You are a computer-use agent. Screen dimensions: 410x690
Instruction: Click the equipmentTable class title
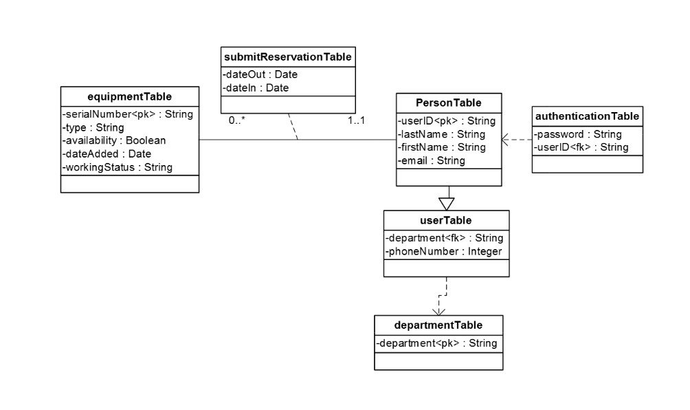130,96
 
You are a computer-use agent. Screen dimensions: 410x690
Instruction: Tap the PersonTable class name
449,102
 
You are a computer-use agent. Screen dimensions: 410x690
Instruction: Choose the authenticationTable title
588,116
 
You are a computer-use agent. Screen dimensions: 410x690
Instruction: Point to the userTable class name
446,220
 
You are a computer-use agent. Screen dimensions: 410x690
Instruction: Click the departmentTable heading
438,325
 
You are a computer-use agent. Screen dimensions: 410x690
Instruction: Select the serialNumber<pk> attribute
127,114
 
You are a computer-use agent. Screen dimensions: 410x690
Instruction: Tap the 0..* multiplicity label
238,120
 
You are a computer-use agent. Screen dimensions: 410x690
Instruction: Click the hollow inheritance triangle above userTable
447,204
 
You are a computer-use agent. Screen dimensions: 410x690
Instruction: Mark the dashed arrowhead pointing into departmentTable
437,311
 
